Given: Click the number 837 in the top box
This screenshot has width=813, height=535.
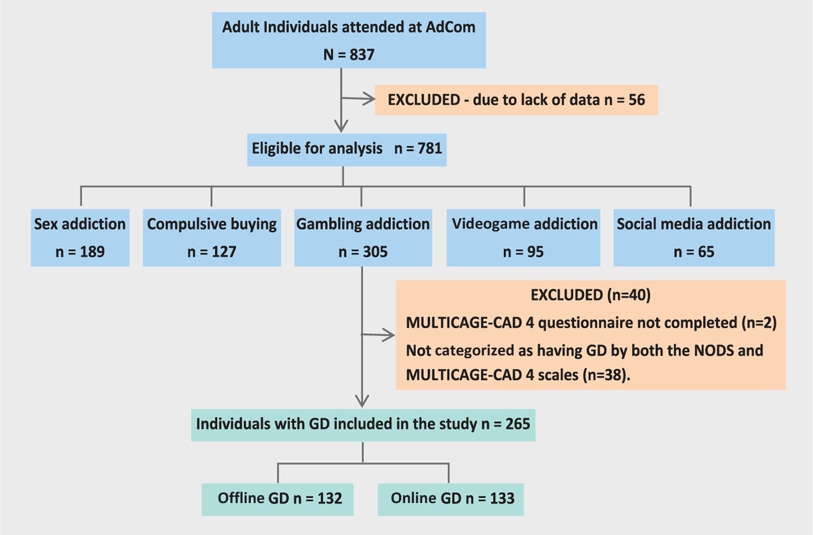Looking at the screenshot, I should tap(362, 55).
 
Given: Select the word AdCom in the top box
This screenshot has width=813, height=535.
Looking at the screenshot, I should tap(450, 27).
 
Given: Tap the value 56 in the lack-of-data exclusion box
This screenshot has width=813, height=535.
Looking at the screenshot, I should tap(637, 100).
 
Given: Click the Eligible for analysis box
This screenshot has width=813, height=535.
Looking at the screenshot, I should tap(347, 149).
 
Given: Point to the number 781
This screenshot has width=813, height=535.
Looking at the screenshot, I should tap(429, 149).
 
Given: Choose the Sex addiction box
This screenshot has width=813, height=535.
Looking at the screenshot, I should tap(80, 237).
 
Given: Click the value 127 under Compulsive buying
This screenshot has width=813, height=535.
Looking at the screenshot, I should tap(224, 252).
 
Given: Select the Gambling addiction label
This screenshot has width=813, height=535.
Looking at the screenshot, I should tap(363, 224).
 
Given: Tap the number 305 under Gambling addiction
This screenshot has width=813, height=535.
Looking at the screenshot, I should tap(375, 252).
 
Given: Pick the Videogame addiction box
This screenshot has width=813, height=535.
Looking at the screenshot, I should tap(523, 237).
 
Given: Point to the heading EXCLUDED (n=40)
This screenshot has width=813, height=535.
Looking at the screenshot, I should tap(590, 295).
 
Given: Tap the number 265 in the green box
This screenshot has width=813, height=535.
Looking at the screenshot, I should tap(518, 424).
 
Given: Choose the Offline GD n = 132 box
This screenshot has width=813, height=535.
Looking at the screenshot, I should tap(277, 499).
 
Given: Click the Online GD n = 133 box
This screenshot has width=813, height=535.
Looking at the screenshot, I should tap(450, 499).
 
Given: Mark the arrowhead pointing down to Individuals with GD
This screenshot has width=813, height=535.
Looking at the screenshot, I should tap(362, 401).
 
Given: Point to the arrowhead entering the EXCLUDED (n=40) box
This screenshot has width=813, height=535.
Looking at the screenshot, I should tap(389, 334).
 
